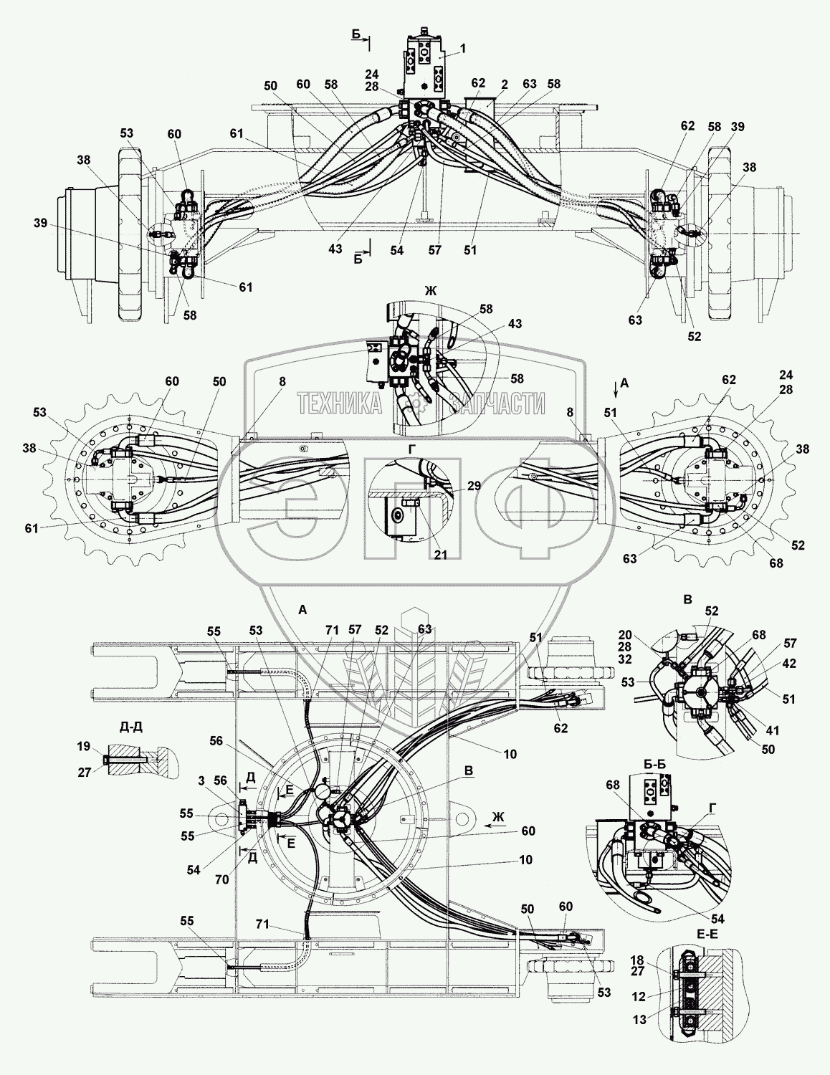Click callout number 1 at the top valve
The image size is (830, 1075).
click(x=462, y=48)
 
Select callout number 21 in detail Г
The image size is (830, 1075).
click(x=441, y=555)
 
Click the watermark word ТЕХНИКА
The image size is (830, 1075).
click(x=340, y=403)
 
